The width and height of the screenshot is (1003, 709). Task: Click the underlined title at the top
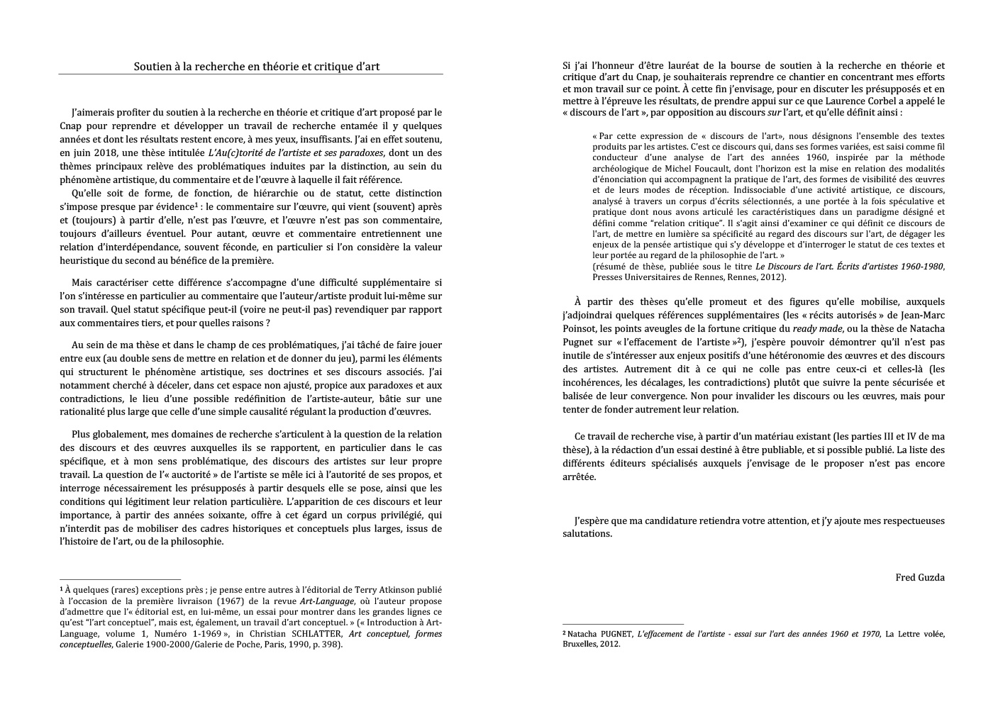[x=257, y=67]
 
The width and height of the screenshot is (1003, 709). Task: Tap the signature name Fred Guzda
[x=920, y=577]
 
